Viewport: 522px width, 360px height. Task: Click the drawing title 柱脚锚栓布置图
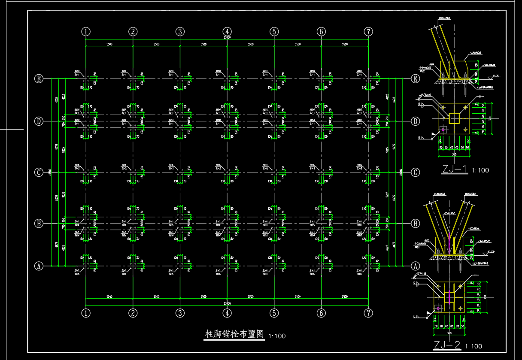coord(234,334)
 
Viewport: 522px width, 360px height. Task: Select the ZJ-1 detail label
coord(455,169)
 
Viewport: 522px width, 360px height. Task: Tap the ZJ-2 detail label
coord(447,345)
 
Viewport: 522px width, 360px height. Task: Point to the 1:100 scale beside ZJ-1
coord(480,170)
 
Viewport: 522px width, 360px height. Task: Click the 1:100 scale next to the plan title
coord(277,336)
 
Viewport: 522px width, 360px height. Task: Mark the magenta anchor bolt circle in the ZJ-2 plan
coord(438,308)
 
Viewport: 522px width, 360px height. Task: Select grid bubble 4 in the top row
coord(227,31)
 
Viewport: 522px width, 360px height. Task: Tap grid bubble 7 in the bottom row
coord(368,313)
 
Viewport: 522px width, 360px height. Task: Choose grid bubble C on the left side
coord(39,172)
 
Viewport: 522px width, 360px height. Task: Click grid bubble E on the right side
coord(415,79)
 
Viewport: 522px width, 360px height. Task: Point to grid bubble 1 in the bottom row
coord(86,313)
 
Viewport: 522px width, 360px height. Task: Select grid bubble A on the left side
coord(39,266)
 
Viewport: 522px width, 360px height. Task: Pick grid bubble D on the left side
coord(39,121)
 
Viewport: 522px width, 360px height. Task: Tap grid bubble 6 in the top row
coord(321,31)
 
